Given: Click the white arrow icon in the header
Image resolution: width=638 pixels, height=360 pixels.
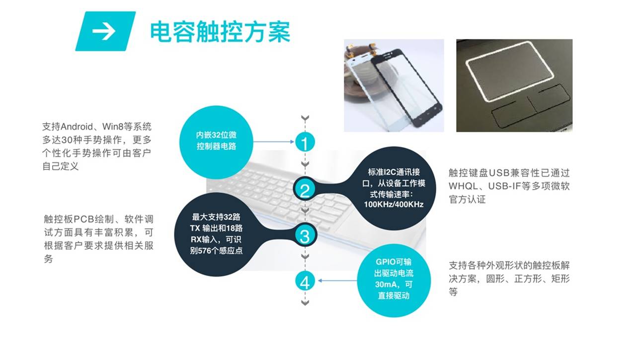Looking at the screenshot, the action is point(104,31).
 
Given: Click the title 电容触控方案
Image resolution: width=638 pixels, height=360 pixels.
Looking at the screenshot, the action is point(220,31).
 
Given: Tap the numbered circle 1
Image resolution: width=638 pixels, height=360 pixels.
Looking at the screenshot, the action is point(305,142).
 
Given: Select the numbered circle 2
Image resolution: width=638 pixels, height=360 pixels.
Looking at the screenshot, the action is point(305,190).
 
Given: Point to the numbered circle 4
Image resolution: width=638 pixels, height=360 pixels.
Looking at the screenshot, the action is point(305,281).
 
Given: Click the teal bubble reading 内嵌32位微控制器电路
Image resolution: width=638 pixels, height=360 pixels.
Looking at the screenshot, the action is point(216,143).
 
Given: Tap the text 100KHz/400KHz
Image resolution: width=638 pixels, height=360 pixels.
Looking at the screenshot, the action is point(394,205).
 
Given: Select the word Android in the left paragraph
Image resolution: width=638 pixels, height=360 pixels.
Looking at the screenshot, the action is point(77,127).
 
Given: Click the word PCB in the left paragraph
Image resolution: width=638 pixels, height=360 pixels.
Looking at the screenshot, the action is point(84,219).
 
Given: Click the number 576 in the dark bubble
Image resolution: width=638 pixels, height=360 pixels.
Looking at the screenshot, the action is point(205,251).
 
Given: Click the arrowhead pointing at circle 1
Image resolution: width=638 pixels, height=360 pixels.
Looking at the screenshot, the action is point(292,142).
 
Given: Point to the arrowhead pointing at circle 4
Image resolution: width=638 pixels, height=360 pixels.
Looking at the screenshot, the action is point(319,281).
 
